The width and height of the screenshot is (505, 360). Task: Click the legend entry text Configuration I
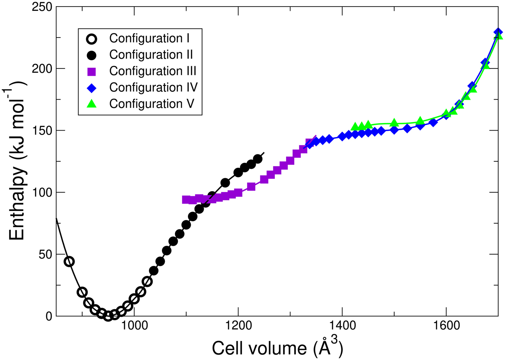[149, 38]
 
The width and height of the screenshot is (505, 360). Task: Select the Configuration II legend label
[151, 55]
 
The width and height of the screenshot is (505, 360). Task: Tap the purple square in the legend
[92, 71]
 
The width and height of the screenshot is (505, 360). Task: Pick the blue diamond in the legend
[92, 88]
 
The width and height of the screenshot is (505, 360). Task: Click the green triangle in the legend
[92, 104]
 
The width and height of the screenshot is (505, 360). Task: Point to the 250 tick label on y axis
[42, 7]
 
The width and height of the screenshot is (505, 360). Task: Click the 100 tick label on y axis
[42, 192]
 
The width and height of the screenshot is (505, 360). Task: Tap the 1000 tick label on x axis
[134, 325]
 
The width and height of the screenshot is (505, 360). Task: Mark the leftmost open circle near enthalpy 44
[69, 262]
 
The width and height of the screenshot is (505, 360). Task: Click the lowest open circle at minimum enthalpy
[108, 316]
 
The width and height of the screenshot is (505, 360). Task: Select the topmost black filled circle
[258, 159]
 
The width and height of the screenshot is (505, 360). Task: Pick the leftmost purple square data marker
[186, 199]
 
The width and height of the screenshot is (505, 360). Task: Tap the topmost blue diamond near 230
[498, 32]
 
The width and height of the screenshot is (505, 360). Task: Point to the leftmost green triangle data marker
[355, 126]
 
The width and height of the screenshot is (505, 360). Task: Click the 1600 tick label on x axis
[446, 325]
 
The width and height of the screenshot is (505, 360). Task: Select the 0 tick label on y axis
[49, 316]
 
